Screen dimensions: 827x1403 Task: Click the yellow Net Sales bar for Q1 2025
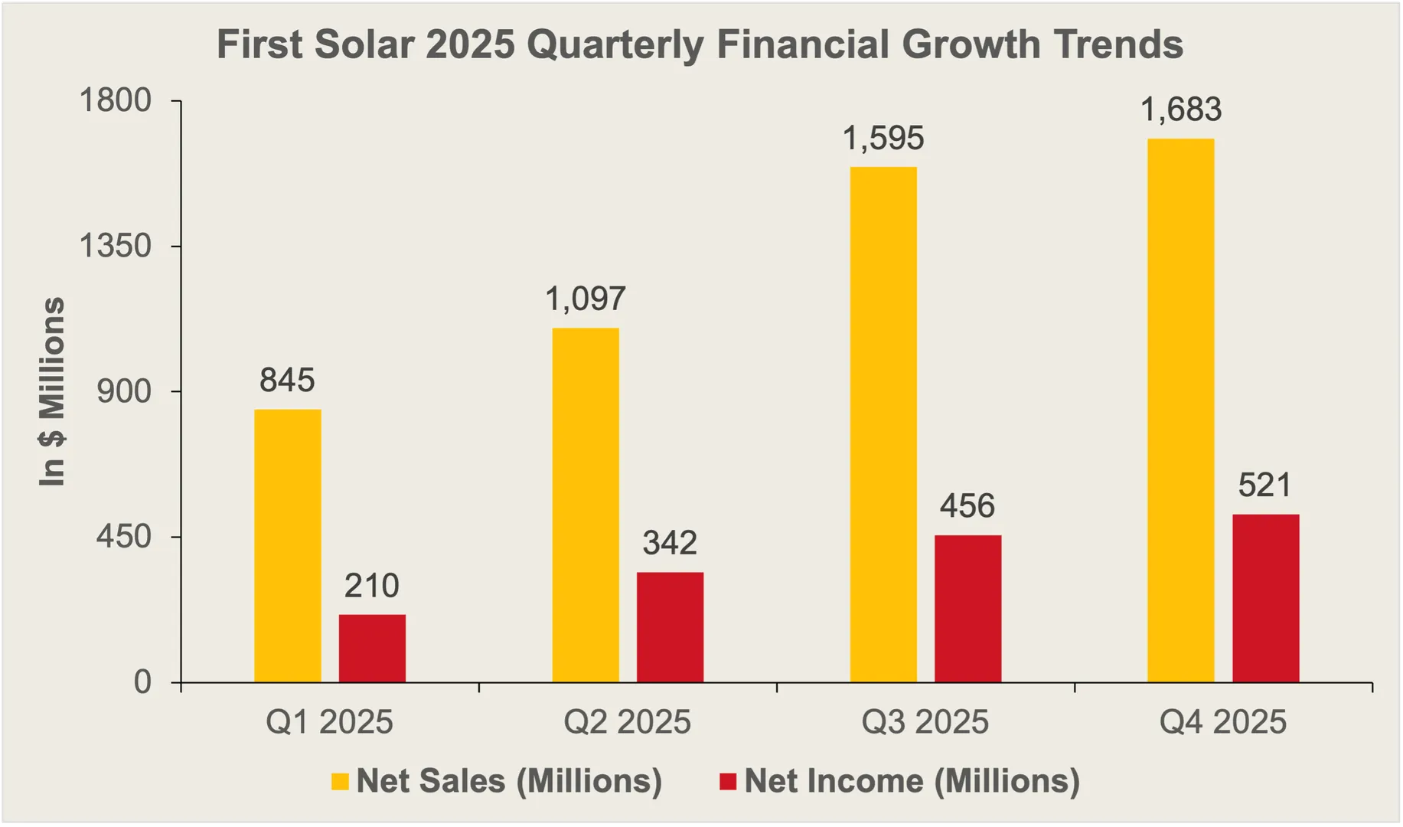tap(288, 545)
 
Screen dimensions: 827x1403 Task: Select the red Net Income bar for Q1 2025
tap(372, 648)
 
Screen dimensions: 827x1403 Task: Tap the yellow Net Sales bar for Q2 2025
tap(586, 505)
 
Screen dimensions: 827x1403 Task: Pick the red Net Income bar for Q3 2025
tap(967, 608)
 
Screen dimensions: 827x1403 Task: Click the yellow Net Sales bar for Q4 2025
tap(1180, 410)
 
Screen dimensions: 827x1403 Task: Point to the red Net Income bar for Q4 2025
tap(1265, 598)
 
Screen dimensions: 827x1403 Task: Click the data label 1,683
tap(1180, 110)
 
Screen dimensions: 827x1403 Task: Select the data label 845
tap(287, 381)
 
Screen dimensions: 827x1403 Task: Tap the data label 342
tap(670, 543)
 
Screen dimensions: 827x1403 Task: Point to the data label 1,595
tap(883, 139)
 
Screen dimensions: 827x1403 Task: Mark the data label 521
tap(1264, 485)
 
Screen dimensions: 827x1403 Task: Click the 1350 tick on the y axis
tap(116, 247)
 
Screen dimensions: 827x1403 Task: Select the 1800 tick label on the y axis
tap(116, 101)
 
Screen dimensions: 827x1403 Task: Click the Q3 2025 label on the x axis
tap(925, 722)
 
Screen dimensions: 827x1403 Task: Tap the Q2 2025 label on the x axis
tap(627, 722)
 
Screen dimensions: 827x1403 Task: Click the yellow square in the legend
tap(340, 782)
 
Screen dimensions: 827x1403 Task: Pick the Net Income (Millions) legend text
tap(912, 781)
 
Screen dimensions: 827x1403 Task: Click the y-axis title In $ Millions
tap(52, 391)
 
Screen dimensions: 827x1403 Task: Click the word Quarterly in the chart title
tap(615, 44)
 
